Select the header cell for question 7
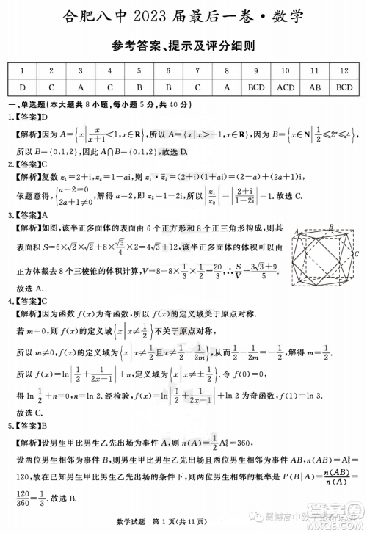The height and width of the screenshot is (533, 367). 197,70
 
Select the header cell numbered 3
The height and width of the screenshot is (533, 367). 80,70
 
